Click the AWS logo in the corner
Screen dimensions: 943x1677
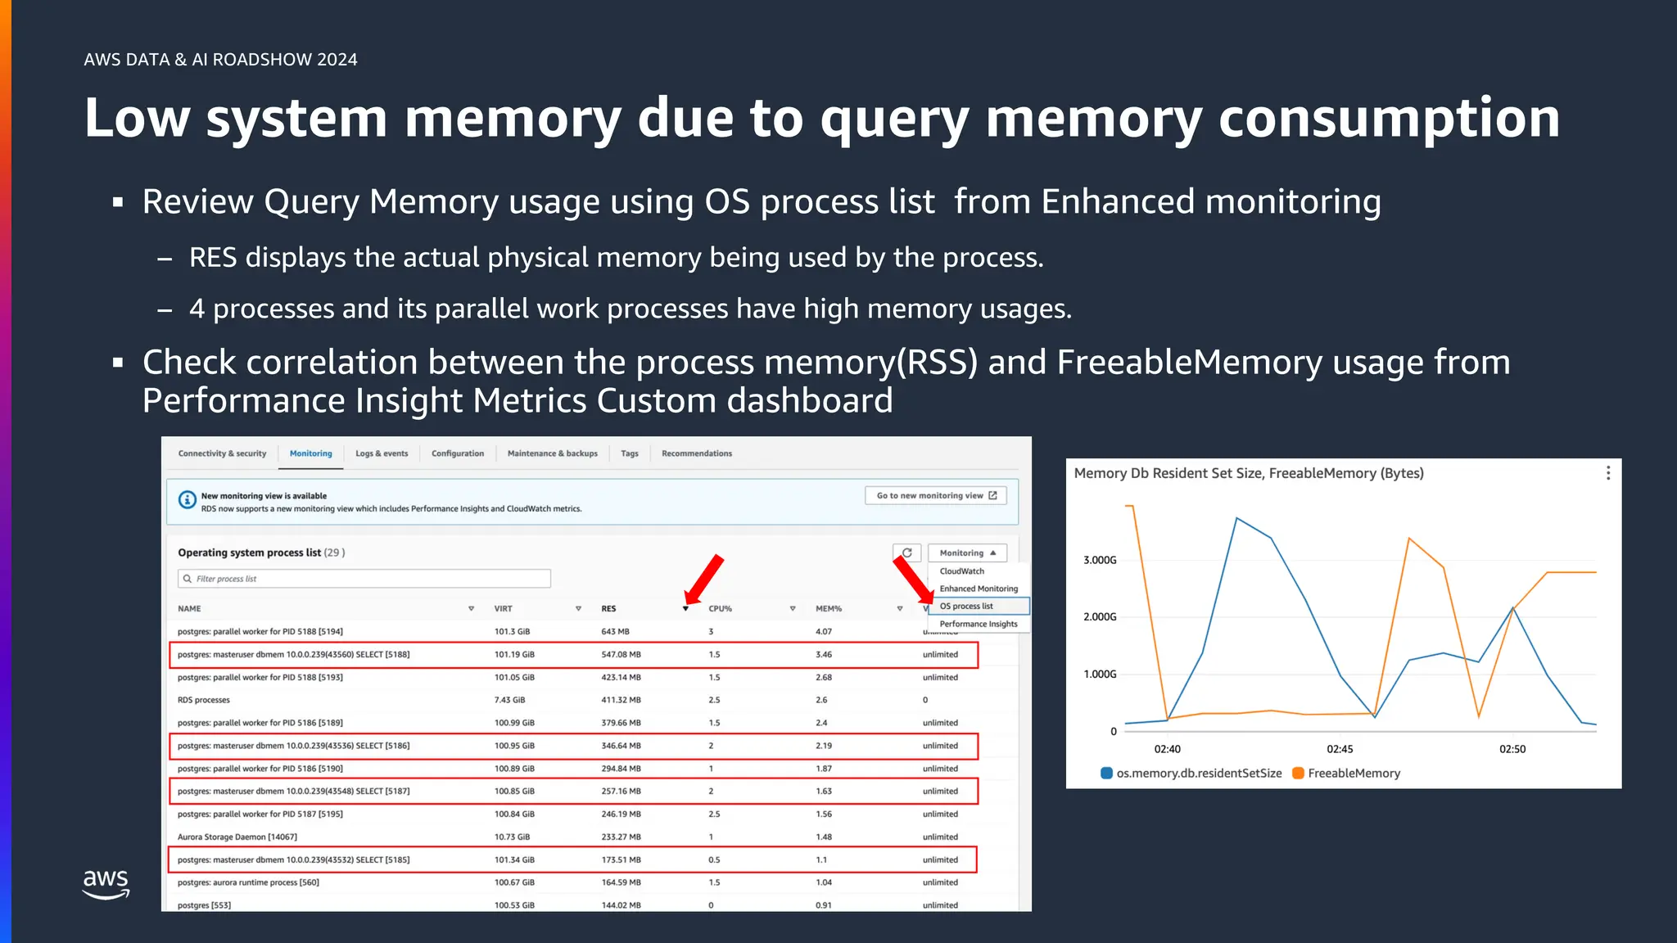click(106, 883)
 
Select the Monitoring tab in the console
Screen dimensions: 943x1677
click(310, 453)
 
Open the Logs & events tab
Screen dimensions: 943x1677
click(382, 453)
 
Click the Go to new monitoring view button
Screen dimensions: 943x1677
click(936, 495)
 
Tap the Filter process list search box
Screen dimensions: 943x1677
click(364, 579)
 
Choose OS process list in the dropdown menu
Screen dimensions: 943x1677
click(966, 607)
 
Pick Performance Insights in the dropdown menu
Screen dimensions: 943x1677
click(978, 624)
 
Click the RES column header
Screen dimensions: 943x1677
click(608, 609)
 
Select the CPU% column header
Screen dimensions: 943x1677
click(720, 609)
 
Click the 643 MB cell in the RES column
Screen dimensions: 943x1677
click(615, 632)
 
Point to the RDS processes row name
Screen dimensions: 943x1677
click(204, 701)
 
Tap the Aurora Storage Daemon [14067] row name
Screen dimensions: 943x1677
click(237, 837)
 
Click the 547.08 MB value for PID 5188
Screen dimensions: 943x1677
click(621, 655)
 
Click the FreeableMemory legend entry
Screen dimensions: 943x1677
click(1353, 774)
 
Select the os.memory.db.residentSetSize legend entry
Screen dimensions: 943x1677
click(1198, 774)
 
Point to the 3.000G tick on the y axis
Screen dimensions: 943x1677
click(1100, 561)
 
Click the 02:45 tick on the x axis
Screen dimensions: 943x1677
click(1340, 749)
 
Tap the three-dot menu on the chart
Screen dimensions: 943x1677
click(1608, 473)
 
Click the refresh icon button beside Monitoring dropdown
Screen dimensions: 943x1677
click(907, 553)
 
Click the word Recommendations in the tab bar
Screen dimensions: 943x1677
click(697, 453)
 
